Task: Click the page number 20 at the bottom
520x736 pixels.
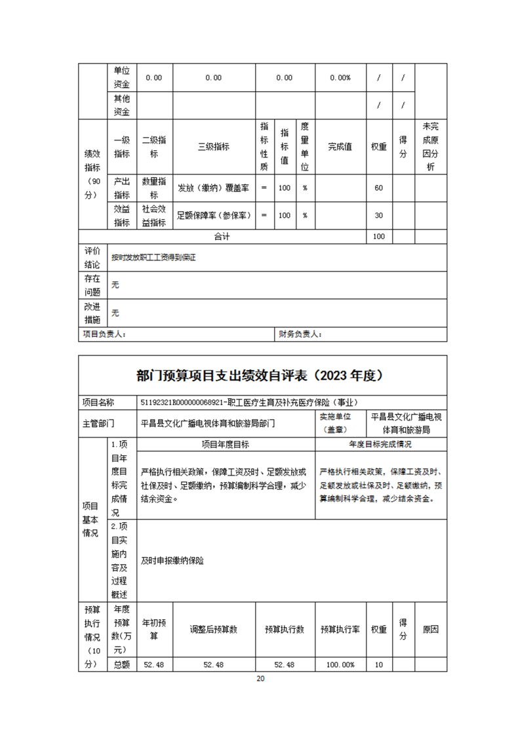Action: pos(260,678)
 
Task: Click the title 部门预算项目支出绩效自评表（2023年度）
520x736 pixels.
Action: pos(260,376)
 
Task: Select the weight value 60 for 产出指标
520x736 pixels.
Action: pos(378,188)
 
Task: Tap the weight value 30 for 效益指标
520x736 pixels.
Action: pos(378,215)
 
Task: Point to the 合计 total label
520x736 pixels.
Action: pos(222,236)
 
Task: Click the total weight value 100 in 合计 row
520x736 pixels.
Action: pos(378,236)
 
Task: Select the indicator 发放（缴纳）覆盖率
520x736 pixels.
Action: pos(213,188)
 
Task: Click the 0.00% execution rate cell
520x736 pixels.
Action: pos(340,77)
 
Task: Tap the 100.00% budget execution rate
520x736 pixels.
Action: pos(340,664)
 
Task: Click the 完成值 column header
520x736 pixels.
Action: pos(340,147)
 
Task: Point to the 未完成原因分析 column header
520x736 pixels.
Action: pos(430,147)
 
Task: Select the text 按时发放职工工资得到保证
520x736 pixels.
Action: pos(153,258)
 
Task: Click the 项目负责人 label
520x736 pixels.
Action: pos(104,335)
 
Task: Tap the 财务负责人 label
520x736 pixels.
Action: pos(300,335)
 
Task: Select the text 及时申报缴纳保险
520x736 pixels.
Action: pos(172,561)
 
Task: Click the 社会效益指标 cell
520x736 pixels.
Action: pos(154,215)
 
